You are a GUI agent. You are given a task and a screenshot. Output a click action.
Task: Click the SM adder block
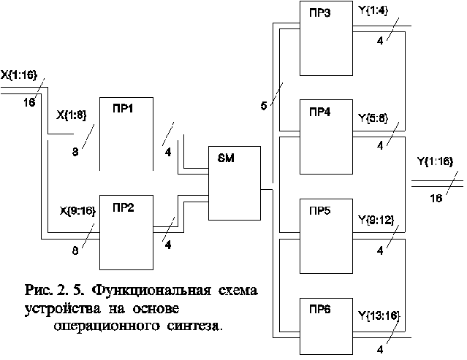pos(235,183)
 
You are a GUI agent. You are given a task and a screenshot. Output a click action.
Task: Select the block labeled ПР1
pos(126,134)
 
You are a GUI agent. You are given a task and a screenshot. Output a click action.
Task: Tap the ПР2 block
pos(126,232)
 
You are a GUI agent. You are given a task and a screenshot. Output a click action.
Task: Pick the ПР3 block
pos(326,38)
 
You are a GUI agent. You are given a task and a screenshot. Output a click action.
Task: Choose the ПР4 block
pos(326,137)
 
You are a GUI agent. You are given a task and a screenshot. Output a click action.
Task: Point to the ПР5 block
pos(326,237)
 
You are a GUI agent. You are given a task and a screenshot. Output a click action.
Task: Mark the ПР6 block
pos(326,326)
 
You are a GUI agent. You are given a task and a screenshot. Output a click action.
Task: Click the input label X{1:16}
pos(19,74)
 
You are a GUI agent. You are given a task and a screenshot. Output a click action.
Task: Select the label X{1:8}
pos(71,115)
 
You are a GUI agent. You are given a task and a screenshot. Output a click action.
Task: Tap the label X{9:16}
pos(77,211)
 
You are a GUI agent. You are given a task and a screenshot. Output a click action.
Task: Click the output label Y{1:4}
pos(373,11)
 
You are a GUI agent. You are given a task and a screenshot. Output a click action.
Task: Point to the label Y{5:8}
pos(373,118)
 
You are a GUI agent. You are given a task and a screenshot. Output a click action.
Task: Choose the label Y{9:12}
pos(376,220)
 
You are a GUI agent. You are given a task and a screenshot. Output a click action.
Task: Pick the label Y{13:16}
pos(379,315)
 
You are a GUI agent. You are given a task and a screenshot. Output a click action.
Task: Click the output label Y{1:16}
pos(435,161)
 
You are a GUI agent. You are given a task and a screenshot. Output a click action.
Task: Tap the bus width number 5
pos(264,106)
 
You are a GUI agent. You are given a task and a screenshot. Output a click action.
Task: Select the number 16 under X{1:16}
pos(29,103)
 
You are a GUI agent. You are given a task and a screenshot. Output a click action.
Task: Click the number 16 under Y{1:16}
pos(436,198)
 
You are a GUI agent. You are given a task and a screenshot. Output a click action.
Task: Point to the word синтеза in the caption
pos(194,326)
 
